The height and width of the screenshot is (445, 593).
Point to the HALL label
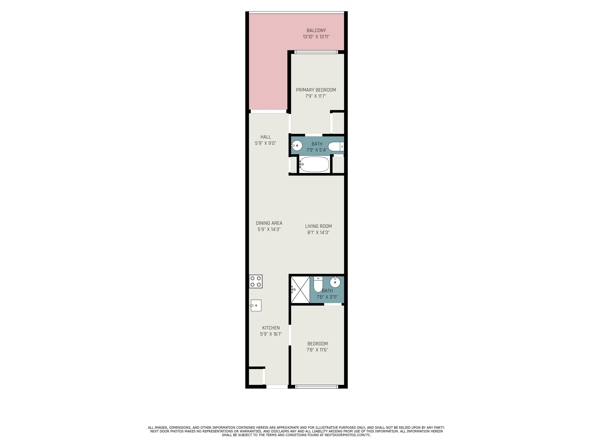coord(266,137)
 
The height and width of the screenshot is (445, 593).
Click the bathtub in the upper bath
coord(314,164)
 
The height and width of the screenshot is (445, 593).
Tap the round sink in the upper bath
coord(297,146)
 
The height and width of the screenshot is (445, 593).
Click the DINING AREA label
coord(269,223)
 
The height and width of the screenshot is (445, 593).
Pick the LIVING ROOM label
coord(319,226)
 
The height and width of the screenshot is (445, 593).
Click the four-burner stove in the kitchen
coord(256,281)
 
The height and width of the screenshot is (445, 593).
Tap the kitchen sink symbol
coord(256,305)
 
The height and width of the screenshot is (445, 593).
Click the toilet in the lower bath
coord(318,284)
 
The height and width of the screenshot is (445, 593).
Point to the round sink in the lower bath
coord(335,282)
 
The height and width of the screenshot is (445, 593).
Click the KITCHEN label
coord(271,328)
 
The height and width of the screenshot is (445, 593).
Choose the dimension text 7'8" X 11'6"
coord(317,350)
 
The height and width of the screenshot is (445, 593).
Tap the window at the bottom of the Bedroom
coord(317,386)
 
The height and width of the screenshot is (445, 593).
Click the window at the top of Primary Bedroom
coord(317,52)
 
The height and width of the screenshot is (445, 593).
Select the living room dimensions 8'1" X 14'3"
coord(319,233)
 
